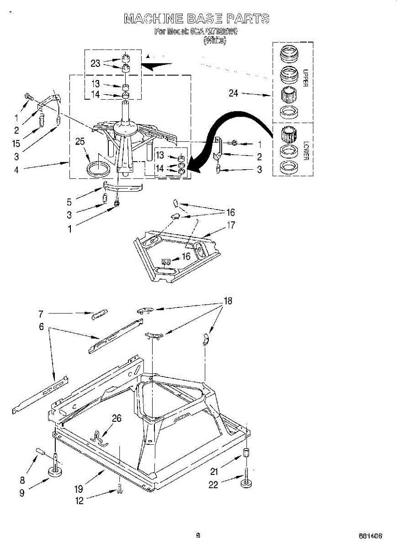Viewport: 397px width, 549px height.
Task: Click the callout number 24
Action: pos(233,93)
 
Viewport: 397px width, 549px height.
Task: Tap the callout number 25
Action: pos(80,142)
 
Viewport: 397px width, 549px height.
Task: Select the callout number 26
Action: pos(116,418)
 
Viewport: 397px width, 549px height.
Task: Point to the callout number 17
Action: pos(231,225)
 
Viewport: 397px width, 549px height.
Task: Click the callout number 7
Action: pos(41,314)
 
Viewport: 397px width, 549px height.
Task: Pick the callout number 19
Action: pos(78,489)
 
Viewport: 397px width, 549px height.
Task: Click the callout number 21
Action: pos(214,472)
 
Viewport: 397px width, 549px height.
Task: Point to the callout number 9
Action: pos(22,494)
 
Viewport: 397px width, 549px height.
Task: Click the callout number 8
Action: pos(22,480)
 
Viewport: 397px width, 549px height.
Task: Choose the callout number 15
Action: pos(16,143)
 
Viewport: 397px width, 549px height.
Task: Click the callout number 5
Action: pos(70,202)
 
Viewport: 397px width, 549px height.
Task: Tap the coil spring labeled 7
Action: pos(100,314)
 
